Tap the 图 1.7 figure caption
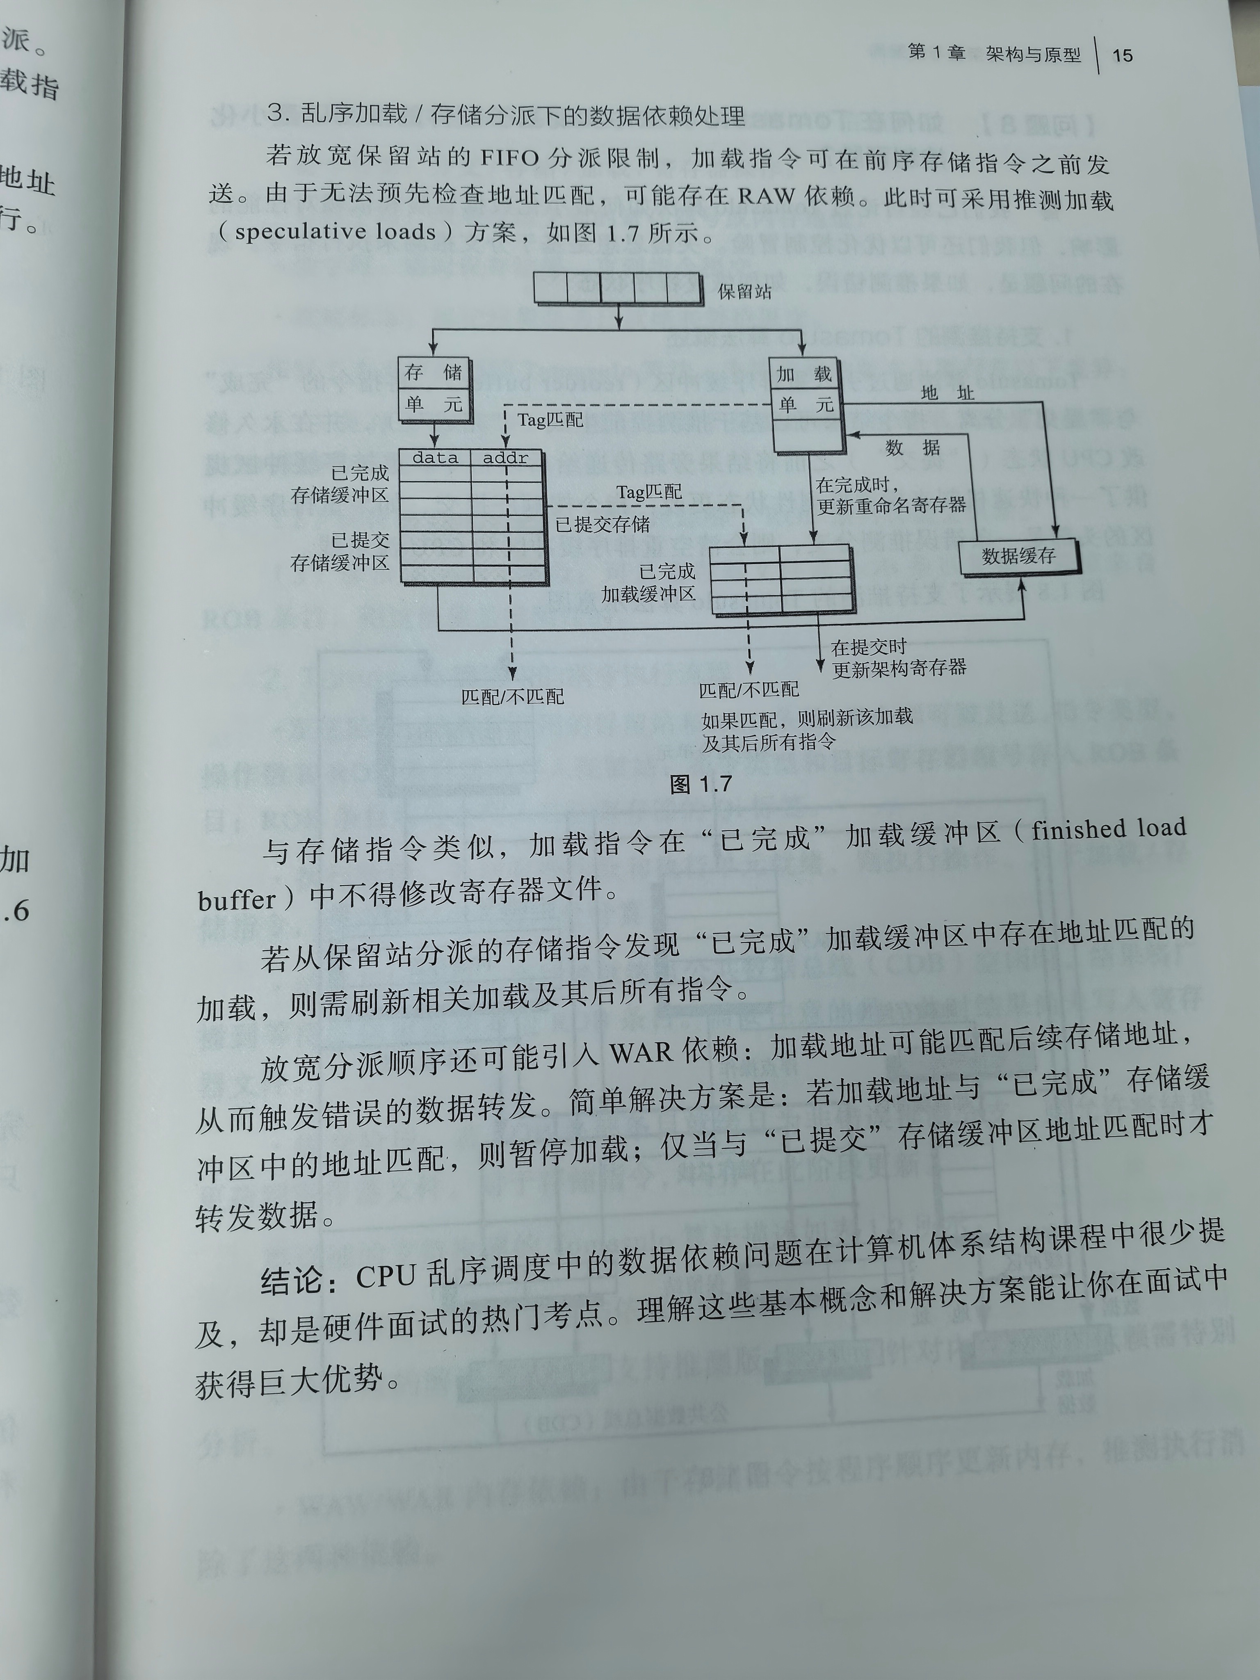[700, 784]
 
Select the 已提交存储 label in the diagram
[602, 524]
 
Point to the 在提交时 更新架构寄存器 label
[899, 658]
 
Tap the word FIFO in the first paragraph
[510, 159]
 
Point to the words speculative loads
[335, 232]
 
